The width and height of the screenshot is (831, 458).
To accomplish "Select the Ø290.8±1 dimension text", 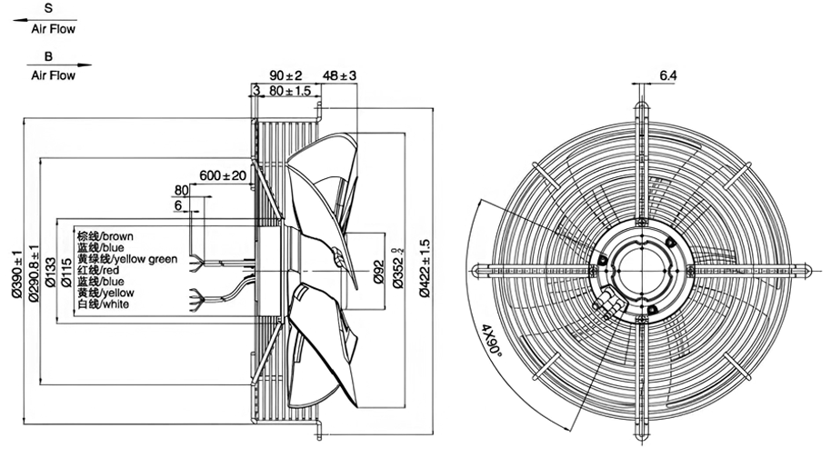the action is pyautogui.click(x=34, y=274).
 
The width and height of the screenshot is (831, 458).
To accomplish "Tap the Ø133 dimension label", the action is pyautogui.click(x=50, y=272).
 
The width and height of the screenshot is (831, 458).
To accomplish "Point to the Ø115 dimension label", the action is pyautogui.click(x=66, y=272).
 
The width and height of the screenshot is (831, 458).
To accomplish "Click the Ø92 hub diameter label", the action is pyautogui.click(x=379, y=272).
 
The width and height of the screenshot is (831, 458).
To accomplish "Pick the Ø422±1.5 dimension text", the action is pyautogui.click(x=425, y=268).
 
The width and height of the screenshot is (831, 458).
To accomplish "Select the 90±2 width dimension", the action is pyautogui.click(x=285, y=75).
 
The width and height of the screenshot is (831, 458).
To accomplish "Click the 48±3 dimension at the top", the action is pyautogui.click(x=339, y=75).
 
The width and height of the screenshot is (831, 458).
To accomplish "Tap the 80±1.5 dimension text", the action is pyautogui.click(x=289, y=91).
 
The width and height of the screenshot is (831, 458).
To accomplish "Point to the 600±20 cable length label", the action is pyautogui.click(x=223, y=174).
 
